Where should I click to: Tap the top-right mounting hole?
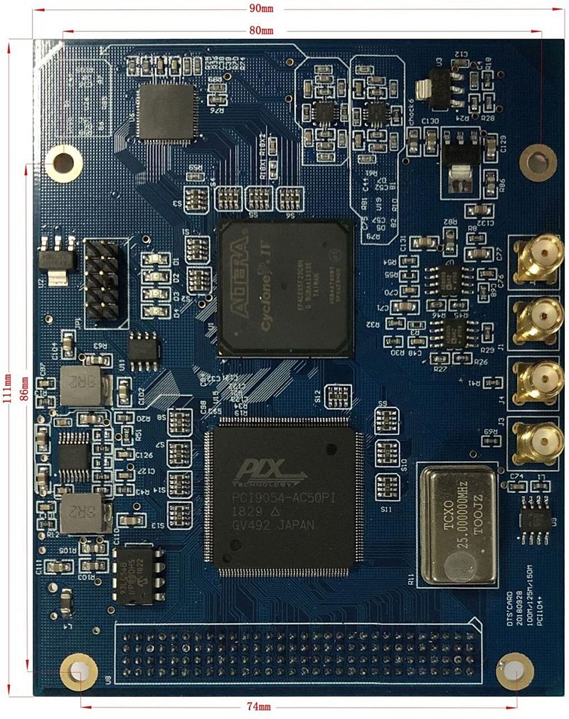(539, 161)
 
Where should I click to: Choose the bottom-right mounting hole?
(514, 671)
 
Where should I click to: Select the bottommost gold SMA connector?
(540, 436)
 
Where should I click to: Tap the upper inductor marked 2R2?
(80, 386)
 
